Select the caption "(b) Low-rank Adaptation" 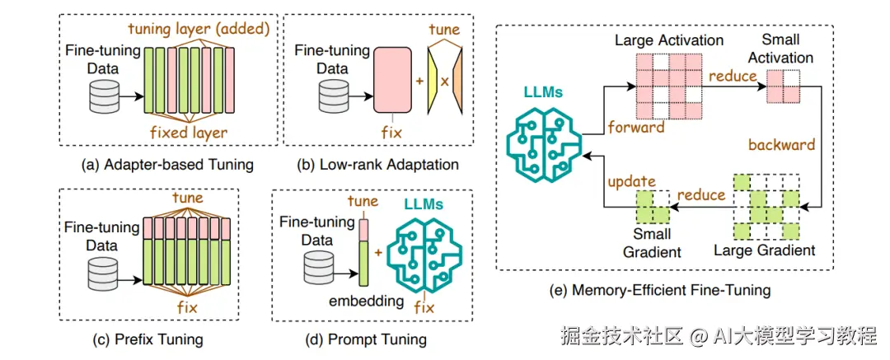378,165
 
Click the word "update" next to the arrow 631,181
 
